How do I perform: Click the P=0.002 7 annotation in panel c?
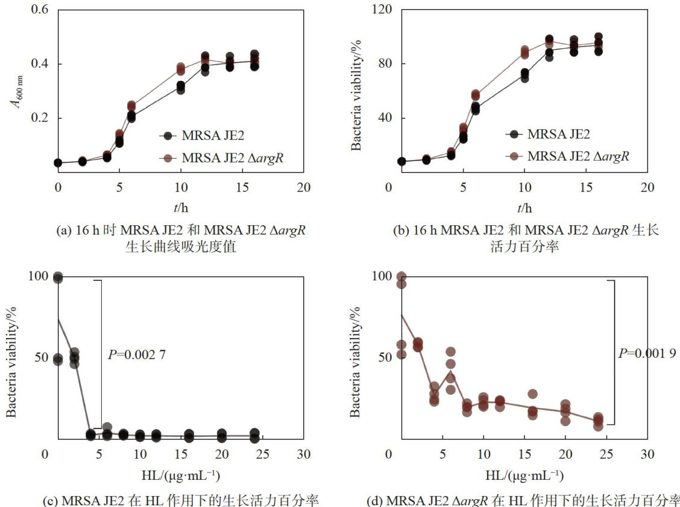pyautogui.click(x=136, y=355)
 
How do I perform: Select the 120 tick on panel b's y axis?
pyautogui.click(x=382, y=10)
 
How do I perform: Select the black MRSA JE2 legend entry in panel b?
pyautogui.click(x=558, y=134)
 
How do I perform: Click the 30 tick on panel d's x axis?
pyautogui.click(x=647, y=454)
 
